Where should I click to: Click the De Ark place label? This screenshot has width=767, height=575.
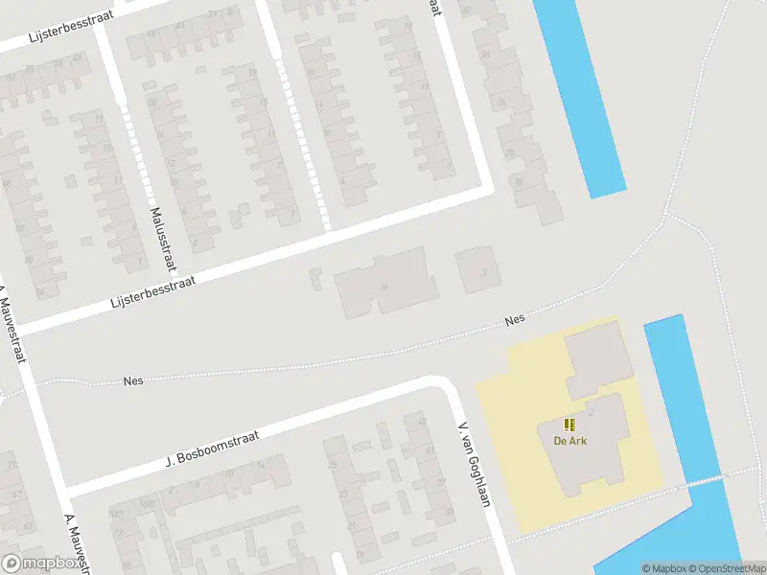570,441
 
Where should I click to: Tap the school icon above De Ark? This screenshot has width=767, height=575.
570,425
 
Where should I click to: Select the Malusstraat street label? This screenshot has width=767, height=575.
156,227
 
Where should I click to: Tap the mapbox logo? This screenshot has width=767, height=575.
40,563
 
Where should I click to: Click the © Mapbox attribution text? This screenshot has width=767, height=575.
664,568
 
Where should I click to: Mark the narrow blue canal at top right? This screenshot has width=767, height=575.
579,96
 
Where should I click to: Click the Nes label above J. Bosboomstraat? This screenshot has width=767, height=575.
134,380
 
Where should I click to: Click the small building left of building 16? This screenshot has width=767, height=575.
316,279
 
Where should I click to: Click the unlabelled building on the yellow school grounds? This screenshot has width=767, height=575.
598,360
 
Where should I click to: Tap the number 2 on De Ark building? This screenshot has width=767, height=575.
592,412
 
